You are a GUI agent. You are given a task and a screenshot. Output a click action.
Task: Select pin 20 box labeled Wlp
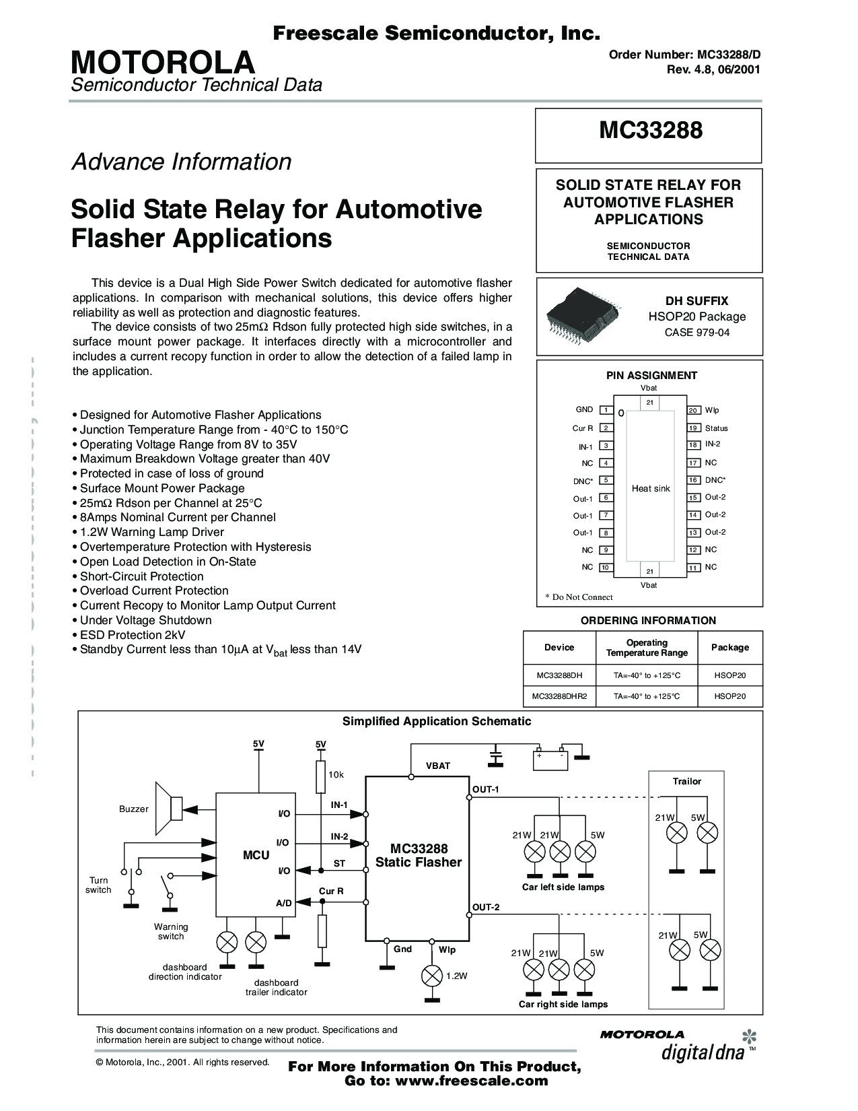click(693, 410)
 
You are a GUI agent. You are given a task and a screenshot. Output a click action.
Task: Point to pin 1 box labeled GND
click(606, 410)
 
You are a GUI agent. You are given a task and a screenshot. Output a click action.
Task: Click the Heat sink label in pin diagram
click(651, 488)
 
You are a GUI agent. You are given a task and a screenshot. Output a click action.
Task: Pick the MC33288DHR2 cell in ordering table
click(559, 696)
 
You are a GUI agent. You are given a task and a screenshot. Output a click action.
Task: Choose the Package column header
click(729, 647)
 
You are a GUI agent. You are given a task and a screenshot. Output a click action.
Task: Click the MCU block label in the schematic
click(256, 855)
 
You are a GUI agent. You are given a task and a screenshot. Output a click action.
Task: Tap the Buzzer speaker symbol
click(168, 808)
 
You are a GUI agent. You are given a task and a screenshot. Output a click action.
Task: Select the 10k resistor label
click(336, 775)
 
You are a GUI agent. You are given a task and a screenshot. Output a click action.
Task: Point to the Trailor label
click(686, 782)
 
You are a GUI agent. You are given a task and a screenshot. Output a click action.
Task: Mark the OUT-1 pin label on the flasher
click(485, 789)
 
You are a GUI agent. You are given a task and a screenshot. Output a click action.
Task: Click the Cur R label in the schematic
click(331, 891)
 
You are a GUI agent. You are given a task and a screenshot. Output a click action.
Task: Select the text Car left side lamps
click(563, 887)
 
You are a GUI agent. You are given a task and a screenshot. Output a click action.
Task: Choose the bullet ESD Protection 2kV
click(133, 635)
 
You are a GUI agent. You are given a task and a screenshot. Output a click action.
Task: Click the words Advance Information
click(182, 162)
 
